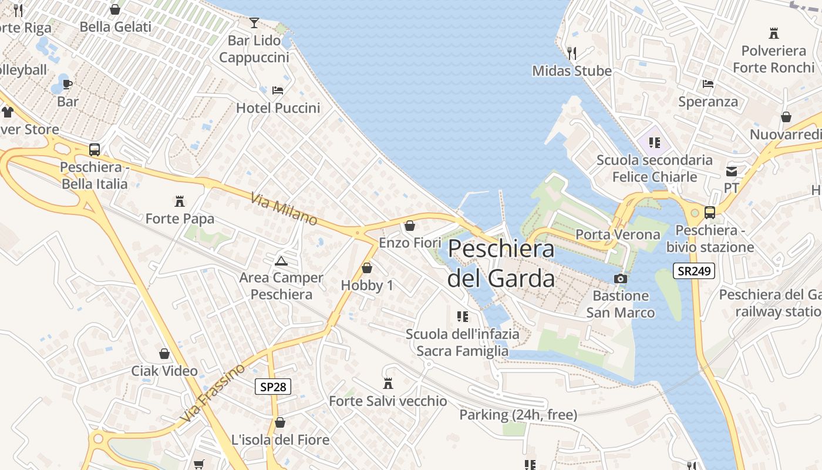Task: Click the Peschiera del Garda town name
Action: point(501,263)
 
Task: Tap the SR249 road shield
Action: point(693,271)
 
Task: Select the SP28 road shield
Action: point(274,387)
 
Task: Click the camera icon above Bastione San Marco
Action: point(620,278)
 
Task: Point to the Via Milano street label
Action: point(284,209)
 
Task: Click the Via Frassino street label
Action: point(213,392)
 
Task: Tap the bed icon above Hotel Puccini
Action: point(278,90)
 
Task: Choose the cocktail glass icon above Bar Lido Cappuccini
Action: point(254,23)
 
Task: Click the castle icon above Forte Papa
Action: point(180,202)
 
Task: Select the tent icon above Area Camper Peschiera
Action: point(281,261)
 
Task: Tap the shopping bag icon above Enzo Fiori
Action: point(410,226)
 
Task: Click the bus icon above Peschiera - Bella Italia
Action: point(94,150)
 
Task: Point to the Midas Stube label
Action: point(571,71)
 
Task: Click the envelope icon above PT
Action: point(731,172)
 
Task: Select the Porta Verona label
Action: point(618,234)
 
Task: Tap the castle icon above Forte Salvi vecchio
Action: point(388,384)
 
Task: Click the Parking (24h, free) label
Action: point(518,415)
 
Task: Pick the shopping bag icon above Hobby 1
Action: point(367,268)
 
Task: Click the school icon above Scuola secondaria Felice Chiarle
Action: point(655,142)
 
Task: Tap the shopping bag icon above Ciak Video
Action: point(164,354)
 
